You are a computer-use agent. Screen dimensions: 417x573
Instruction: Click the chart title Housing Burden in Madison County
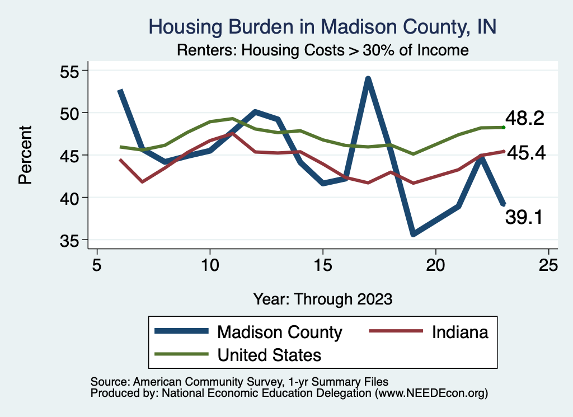(x=322, y=26)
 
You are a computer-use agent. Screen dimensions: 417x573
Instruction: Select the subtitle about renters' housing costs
(x=322, y=50)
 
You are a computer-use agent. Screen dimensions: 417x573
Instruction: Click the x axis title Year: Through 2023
(x=322, y=298)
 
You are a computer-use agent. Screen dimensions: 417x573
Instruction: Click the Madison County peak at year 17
(x=368, y=79)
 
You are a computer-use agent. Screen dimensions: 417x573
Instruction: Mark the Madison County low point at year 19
(x=414, y=234)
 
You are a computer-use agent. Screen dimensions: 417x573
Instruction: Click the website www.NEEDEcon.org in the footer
(x=431, y=393)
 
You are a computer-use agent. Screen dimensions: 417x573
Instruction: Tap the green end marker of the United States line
(x=504, y=128)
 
